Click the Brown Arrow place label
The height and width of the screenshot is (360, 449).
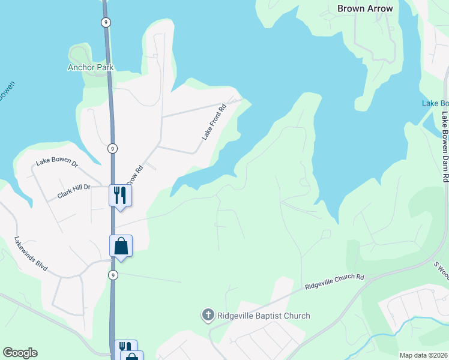[x=365, y=8]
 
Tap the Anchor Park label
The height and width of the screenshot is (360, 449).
[x=91, y=68]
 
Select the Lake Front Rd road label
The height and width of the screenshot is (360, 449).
[x=213, y=122]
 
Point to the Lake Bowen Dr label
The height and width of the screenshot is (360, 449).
[x=57, y=162]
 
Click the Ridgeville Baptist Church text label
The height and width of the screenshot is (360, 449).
[x=263, y=316]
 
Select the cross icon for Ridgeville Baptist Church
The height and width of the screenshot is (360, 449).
[x=208, y=315]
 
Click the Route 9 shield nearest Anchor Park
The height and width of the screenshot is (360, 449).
[x=106, y=22]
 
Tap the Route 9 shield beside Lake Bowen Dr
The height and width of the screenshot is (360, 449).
[x=113, y=148]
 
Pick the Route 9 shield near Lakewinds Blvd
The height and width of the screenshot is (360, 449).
[x=113, y=275]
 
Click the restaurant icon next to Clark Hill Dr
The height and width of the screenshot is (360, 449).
[x=120, y=195]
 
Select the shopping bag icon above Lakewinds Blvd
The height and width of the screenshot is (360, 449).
[x=121, y=245]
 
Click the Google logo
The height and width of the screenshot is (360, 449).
[x=20, y=353]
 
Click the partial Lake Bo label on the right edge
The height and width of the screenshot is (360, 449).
[x=435, y=103]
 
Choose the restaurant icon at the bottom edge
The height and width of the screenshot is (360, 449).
[x=125, y=347]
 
